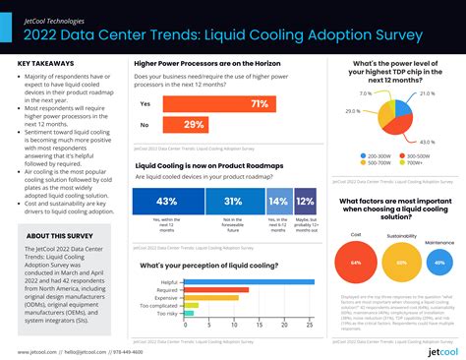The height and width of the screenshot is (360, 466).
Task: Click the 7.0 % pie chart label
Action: [365, 93]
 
